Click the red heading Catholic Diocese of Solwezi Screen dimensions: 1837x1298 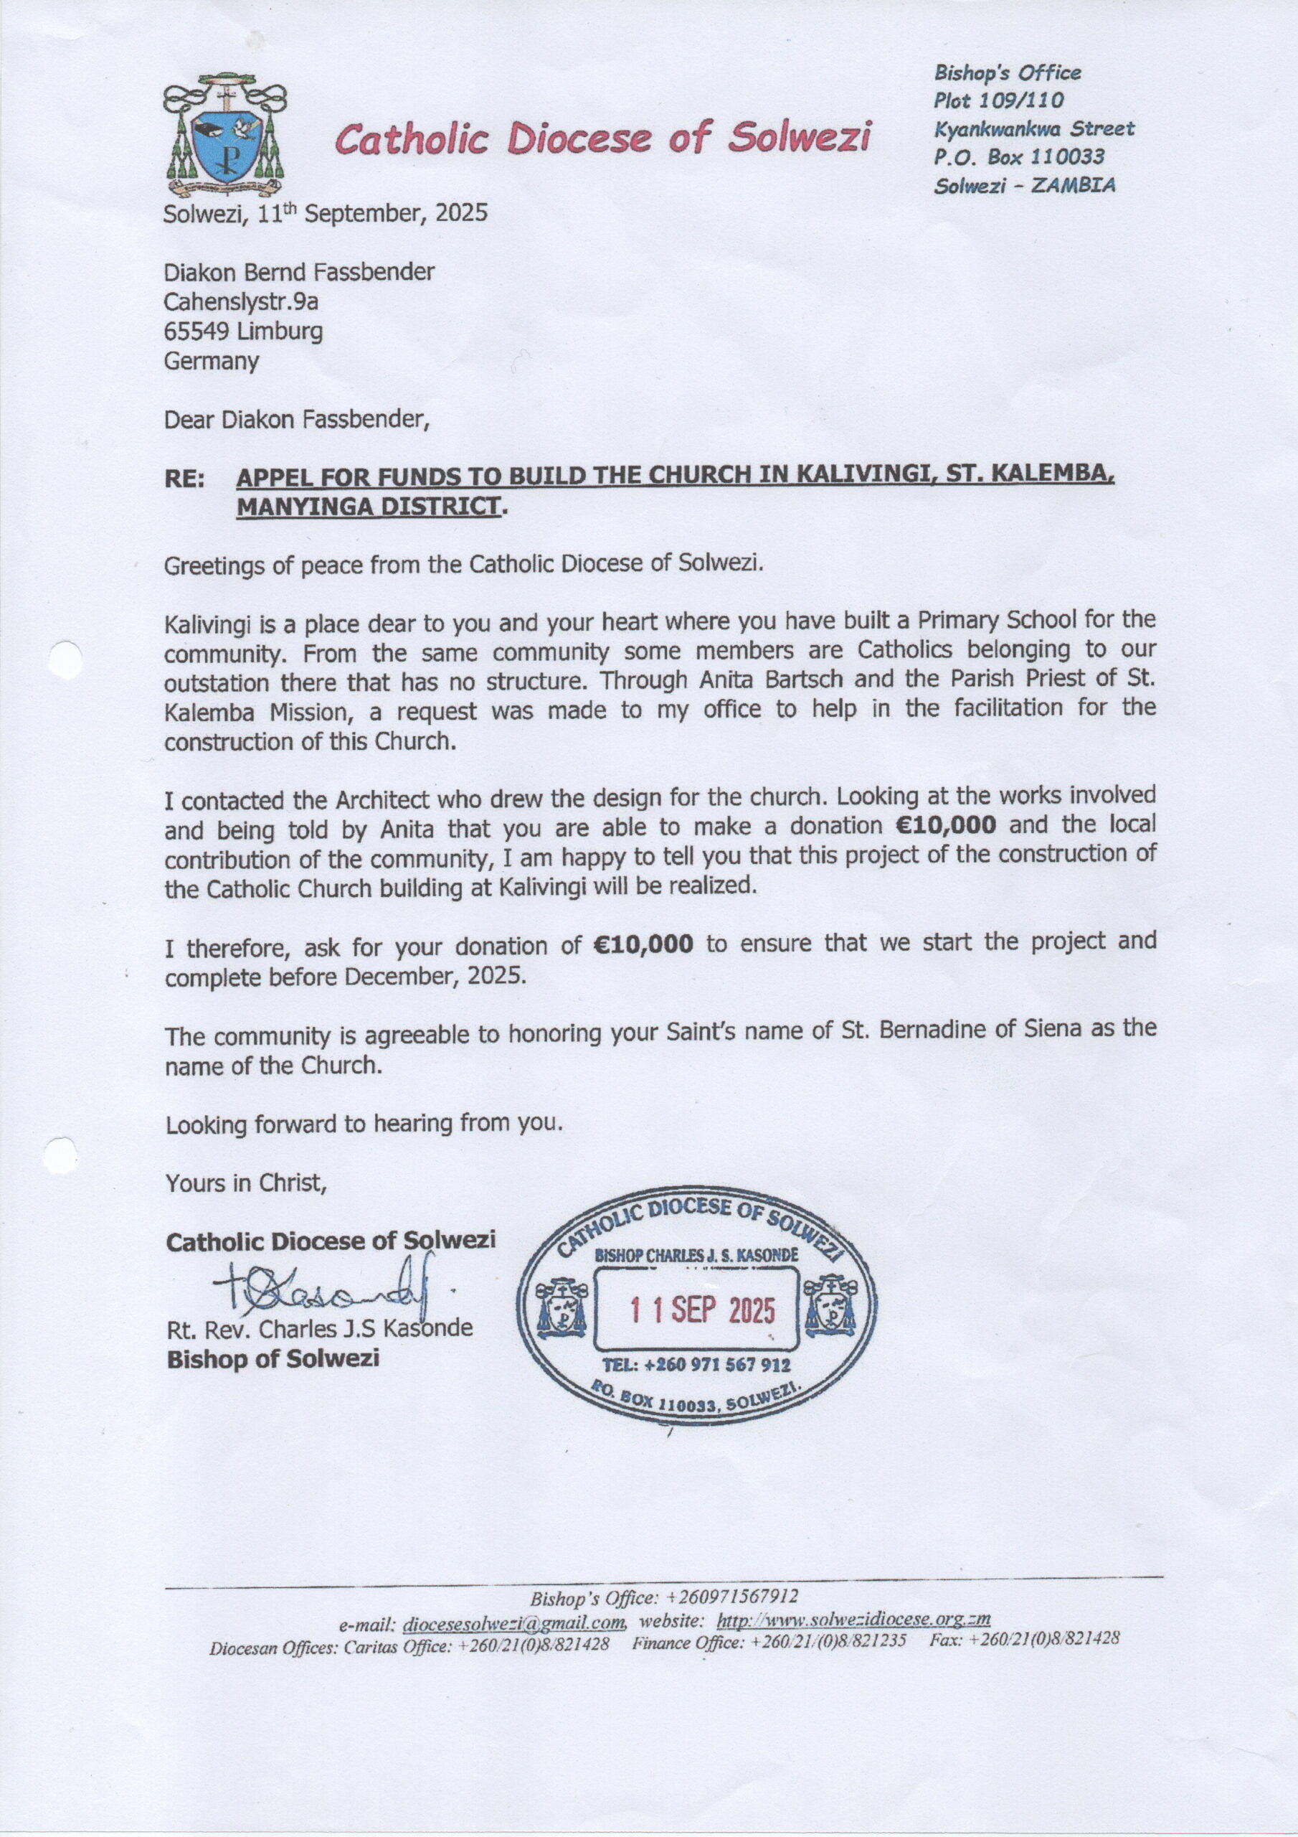point(602,138)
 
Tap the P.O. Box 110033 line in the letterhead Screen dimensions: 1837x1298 point(1019,157)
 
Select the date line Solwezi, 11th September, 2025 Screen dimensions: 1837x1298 point(325,214)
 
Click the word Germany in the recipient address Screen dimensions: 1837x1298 point(211,361)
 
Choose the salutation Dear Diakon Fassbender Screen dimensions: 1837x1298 point(297,418)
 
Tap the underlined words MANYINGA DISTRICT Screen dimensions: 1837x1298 point(369,507)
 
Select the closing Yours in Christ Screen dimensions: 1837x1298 point(246,1183)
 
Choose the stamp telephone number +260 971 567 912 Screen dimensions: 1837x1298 point(696,1365)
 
